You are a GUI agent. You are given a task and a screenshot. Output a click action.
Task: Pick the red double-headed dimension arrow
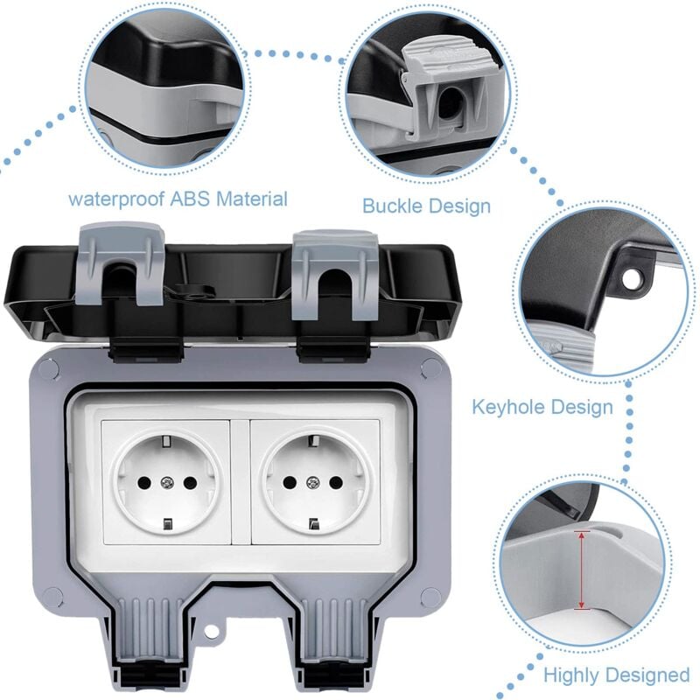(x=578, y=570)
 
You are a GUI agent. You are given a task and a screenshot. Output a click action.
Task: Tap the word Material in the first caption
(x=251, y=199)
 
